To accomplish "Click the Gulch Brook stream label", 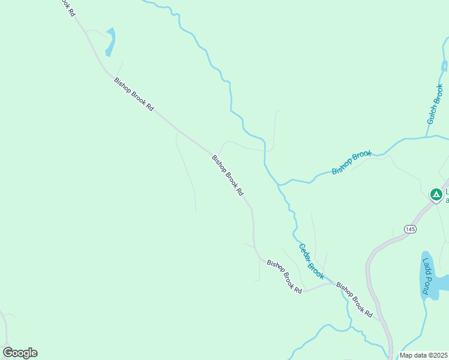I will (x=435, y=104).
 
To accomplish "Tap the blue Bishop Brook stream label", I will (x=352, y=163).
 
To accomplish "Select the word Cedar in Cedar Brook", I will (x=305, y=253).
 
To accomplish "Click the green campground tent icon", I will (x=436, y=194).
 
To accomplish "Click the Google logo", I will (x=20, y=353).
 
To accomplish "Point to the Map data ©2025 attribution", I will (x=424, y=355).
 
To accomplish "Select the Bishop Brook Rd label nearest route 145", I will (x=355, y=300).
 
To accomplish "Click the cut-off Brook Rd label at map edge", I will (x=67, y=7).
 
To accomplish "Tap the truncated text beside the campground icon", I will (x=446, y=196).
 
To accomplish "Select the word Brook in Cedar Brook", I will (x=316, y=271).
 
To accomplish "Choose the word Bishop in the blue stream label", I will (x=343, y=167).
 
